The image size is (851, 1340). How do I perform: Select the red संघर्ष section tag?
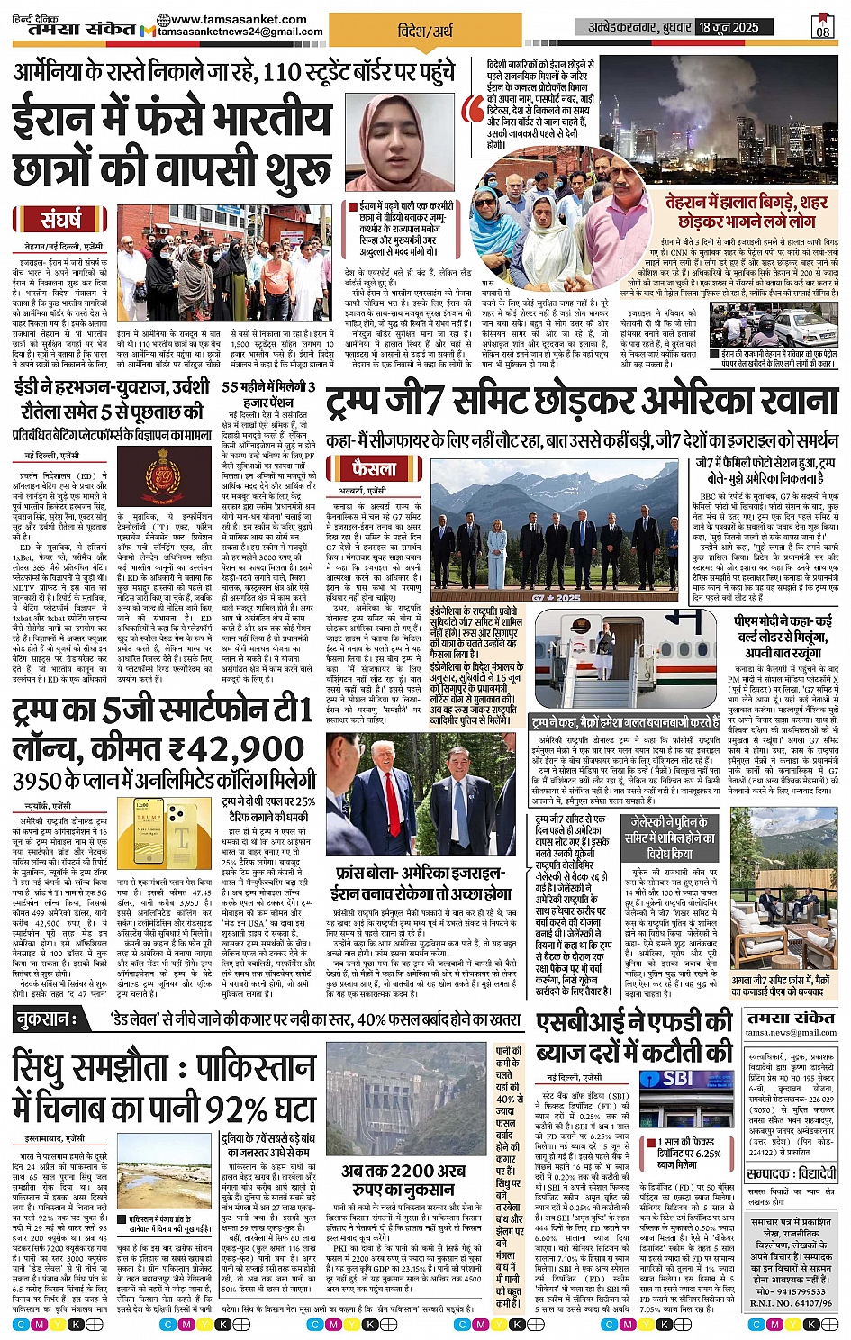click(60, 219)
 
